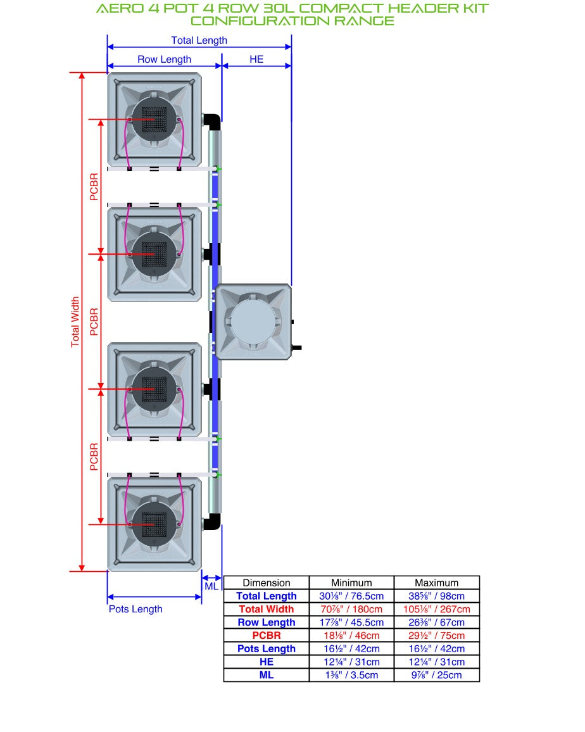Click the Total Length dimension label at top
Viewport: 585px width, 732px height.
pyautogui.click(x=199, y=41)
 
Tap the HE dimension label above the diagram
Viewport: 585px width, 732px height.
pyautogui.click(x=256, y=60)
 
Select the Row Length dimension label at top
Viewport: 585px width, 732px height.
pyautogui.click(x=165, y=60)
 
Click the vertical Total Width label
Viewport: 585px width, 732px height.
pyautogui.click(x=75, y=322)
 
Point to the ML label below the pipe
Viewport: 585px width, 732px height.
pyautogui.click(x=211, y=586)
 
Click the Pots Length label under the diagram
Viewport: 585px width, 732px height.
pyautogui.click(x=136, y=609)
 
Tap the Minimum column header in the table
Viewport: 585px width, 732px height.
pyautogui.click(x=351, y=583)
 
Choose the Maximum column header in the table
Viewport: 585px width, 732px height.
pyautogui.click(x=436, y=583)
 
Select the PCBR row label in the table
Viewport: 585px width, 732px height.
pyautogui.click(x=267, y=635)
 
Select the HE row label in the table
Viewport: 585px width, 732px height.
pyautogui.click(x=267, y=662)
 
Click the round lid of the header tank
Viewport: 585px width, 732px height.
pyautogui.click(x=253, y=322)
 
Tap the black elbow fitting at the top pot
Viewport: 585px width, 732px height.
pyautogui.click(x=212, y=122)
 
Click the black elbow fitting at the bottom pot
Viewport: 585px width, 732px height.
pyautogui.click(x=212, y=522)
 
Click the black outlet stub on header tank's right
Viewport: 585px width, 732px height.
pyautogui.click(x=297, y=348)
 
